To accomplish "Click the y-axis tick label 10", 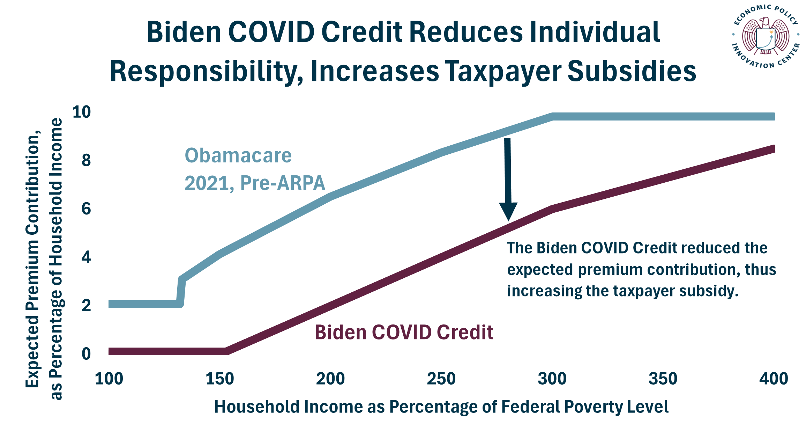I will (x=81, y=112).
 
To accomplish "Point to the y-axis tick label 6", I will (x=86, y=209).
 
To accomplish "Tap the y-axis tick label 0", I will (x=86, y=354).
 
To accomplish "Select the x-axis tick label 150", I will (x=219, y=379).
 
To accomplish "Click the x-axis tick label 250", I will (x=441, y=379).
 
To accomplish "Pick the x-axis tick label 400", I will (x=773, y=379).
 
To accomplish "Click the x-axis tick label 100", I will (x=109, y=379).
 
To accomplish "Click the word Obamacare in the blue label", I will (x=238, y=155).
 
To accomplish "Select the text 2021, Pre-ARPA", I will (x=255, y=183).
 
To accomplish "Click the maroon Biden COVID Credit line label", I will (x=404, y=332).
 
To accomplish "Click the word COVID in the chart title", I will (x=271, y=32).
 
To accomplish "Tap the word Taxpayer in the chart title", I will (x=503, y=71).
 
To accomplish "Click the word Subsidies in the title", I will (x=632, y=71).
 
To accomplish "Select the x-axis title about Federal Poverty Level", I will (x=441, y=407).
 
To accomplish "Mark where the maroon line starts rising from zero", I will (x=227, y=351).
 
